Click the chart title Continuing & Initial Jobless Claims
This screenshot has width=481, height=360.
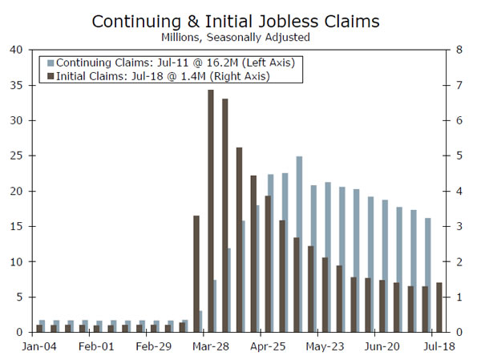pos(240,20)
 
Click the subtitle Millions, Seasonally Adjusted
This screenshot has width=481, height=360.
pos(240,37)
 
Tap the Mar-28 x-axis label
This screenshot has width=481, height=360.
pos(211,346)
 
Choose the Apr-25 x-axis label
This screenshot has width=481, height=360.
pos(269,346)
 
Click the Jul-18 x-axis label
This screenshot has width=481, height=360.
pos(439,346)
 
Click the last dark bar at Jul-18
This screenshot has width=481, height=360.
pos(439,307)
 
